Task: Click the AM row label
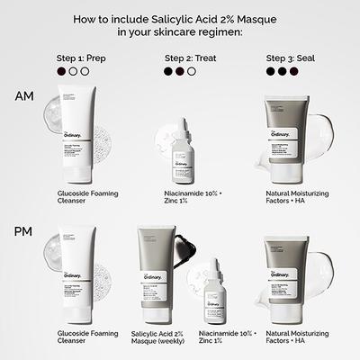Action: pos(24,96)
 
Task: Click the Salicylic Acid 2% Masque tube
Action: pos(156,270)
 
